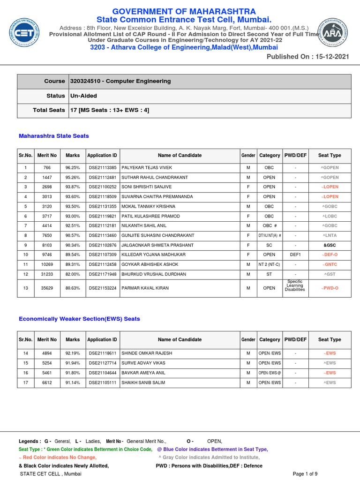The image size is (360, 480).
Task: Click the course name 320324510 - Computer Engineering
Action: [x=120, y=81]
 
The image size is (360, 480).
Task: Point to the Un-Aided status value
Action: [x=83, y=96]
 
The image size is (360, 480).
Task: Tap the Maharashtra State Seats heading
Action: [x=53, y=136]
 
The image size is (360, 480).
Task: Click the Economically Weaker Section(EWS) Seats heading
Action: [x=79, y=319]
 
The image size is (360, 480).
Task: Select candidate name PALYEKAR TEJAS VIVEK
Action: [x=147, y=168]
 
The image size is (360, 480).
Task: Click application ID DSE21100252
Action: [x=102, y=187]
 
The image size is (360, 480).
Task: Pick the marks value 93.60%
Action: [x=73, y=197]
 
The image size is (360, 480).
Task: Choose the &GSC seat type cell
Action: [x=330, y=245]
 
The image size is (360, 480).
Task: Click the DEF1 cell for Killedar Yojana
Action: [x=295, y=255]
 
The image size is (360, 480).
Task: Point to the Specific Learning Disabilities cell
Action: [x=295, y=285]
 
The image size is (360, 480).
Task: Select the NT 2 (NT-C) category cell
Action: [x=269, y=264]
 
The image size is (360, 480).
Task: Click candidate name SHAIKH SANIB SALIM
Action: [x=143, y=382]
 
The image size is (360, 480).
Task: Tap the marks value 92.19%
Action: [x=73, y=353]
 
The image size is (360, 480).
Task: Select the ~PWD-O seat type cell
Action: [x=330, y=288]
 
